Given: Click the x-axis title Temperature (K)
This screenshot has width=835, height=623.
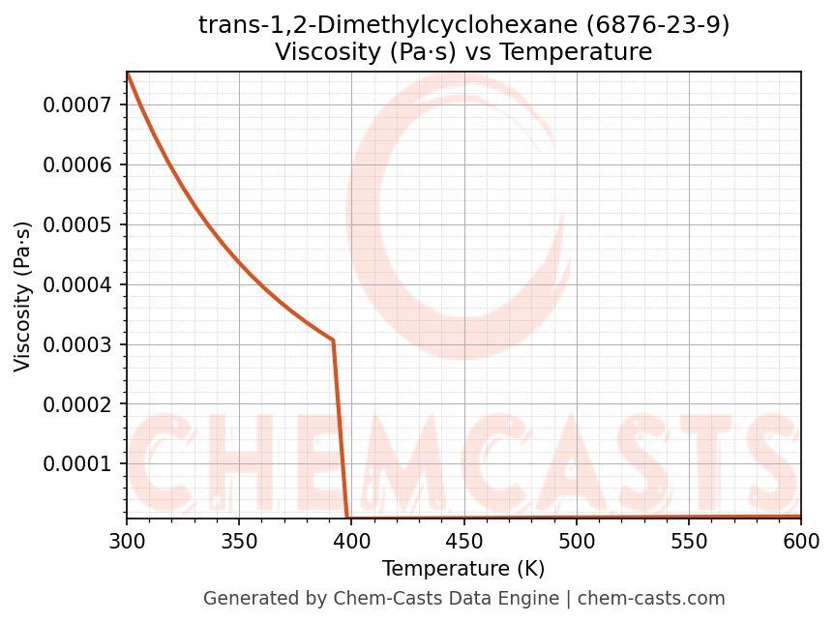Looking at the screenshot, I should pyautogui.click(x=463, y=569).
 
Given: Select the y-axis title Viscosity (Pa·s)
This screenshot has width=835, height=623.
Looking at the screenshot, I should pyautogui.click(x=23, y=296).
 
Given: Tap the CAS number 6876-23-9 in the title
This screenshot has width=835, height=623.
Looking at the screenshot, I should pyautogui.click(x=658, y=25).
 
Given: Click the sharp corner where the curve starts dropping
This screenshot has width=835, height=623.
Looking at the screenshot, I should pyautogui.click(x=333, y=341).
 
